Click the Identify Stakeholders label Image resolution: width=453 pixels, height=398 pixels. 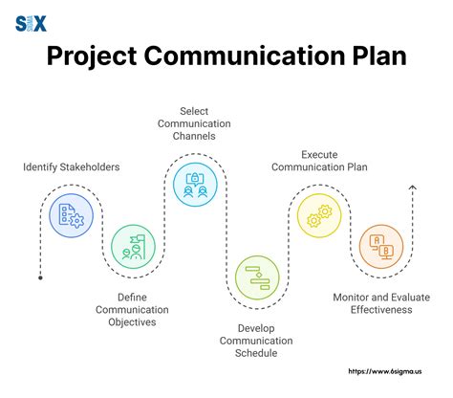pos(72,168)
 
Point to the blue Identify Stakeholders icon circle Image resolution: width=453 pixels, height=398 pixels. pos(71,213)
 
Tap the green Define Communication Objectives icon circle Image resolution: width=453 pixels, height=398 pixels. pos(133,247)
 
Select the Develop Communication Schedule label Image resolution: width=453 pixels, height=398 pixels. pos(256,340)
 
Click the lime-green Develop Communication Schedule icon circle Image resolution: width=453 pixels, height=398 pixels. pos(258,276)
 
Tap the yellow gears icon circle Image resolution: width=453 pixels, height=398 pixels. pos(319,216)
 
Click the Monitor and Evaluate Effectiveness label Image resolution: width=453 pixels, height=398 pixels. pos(381,302)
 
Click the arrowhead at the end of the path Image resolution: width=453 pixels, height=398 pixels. pos(412,188)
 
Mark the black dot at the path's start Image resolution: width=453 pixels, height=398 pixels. pos(40,276)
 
